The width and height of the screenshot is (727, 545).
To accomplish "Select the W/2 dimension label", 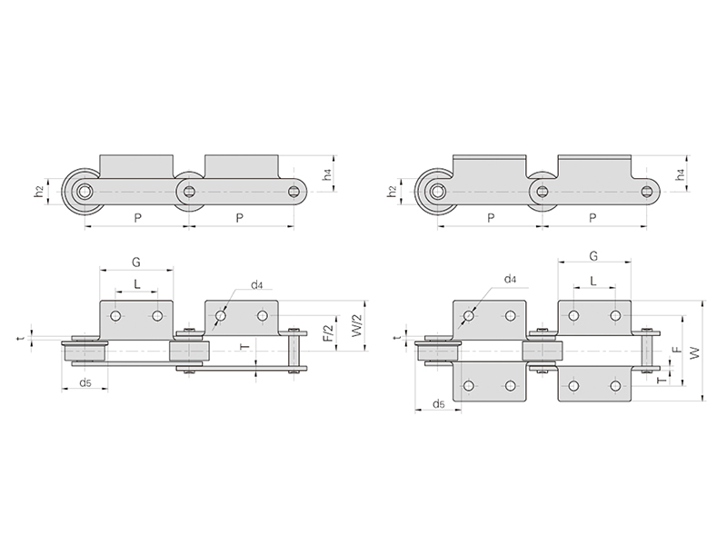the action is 357,326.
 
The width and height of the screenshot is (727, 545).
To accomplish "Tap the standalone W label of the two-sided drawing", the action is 694,353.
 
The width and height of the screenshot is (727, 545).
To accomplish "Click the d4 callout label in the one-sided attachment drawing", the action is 257,285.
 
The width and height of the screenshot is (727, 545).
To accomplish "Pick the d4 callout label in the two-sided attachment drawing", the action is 510,279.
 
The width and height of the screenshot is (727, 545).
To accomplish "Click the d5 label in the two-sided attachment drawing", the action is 439,404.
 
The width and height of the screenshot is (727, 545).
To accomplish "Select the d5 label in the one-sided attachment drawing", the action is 85,382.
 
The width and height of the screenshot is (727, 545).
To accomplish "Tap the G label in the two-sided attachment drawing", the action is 593,256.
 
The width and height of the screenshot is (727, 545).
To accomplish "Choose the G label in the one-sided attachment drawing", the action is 135,263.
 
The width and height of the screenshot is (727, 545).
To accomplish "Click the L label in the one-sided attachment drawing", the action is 137,284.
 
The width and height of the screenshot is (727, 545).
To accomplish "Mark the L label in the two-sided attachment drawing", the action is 593,281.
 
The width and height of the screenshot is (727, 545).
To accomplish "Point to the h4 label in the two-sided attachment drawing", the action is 680,174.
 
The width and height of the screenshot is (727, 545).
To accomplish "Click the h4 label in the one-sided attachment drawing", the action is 327,174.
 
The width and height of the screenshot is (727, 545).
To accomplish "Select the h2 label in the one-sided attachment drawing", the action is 38,191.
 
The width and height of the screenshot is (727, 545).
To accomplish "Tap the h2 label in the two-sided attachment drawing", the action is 392,191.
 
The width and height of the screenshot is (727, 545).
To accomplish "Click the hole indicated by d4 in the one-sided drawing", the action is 221,316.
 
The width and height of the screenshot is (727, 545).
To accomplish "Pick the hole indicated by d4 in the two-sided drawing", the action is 469,316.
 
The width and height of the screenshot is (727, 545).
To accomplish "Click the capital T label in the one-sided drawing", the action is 245,347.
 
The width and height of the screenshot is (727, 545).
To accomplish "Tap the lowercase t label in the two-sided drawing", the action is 397,338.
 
